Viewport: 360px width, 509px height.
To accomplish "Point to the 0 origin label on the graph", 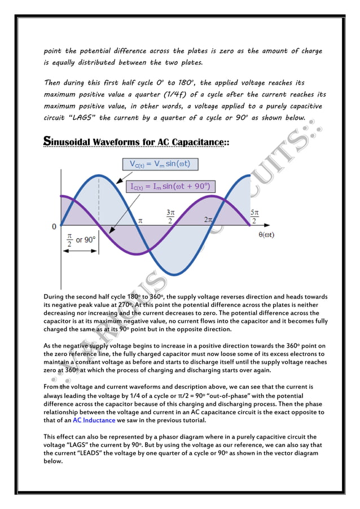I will tap(54, 226).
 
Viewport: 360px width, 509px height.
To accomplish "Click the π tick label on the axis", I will tap(140, 221).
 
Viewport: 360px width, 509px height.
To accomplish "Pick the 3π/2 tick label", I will tap(170, 217).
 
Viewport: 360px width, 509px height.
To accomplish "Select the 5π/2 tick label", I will tap(254, 217).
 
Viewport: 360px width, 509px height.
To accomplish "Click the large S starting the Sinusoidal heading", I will tap(49, 141).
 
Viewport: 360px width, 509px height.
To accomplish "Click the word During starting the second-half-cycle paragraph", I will tap(56, 296).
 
